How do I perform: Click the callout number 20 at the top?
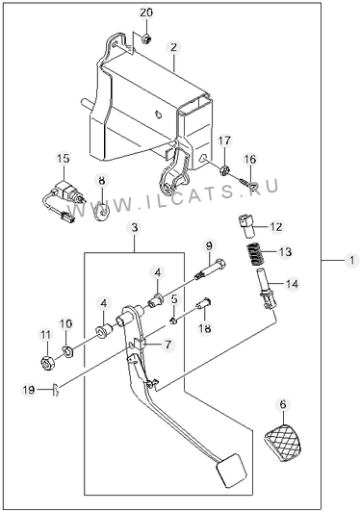coord(146,13)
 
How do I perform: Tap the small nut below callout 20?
coord(146,38)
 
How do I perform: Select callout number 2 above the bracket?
coord(173,48)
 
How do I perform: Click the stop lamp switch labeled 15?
coord(65,200)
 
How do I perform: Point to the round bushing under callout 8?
coord(102,213)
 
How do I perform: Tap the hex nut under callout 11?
coord(46,363)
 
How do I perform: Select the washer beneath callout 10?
coord(67,351)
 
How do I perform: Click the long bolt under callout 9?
coord(211,269)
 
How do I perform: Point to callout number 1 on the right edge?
coord(351,261)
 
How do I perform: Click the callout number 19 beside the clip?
coord(29,390)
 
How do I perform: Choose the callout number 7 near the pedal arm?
coord(167,345)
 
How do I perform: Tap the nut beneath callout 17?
coord(224,170)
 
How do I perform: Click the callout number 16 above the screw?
coord(250,160)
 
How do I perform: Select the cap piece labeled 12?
coord(246,226)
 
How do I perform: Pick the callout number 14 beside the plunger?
coord(292,284)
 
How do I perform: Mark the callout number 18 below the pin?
coord(205,328)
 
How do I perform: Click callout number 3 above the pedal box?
coord(135,227)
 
